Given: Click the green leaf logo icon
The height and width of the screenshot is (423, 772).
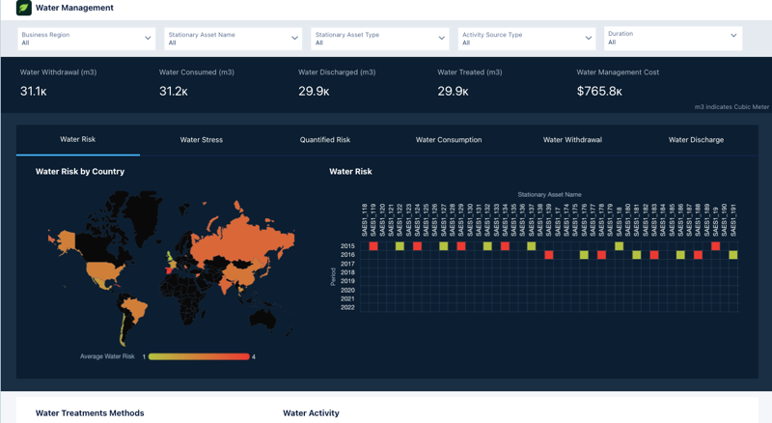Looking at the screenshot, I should [24, 8].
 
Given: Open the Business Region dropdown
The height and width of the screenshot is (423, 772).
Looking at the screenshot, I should [86, 39].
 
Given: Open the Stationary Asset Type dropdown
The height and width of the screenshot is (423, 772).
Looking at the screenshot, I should [379, 39].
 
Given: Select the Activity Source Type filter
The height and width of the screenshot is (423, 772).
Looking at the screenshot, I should [526, 39].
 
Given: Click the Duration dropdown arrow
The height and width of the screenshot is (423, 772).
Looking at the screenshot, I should [733, 37].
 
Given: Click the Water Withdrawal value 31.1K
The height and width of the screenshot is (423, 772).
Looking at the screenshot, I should [34, 92].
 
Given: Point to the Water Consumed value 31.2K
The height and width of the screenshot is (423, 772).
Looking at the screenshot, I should [173, 92].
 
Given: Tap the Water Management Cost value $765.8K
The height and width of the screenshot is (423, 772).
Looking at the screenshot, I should [599, 92].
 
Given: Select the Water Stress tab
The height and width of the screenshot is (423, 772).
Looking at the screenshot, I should [201, 140].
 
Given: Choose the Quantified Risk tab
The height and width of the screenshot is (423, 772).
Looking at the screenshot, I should [324, 140].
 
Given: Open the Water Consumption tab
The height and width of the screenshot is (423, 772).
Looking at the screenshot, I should [449, 140].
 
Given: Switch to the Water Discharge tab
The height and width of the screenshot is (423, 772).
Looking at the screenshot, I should [696, 140].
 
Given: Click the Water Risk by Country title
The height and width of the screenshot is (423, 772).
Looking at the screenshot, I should [80, 172].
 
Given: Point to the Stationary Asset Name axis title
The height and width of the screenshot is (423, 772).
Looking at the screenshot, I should [549, 195].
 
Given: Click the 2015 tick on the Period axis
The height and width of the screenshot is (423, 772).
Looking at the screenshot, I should [347, 246].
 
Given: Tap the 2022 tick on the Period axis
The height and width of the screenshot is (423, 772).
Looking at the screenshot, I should [347, 307].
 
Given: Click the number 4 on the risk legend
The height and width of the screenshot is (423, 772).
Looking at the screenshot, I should [254, 357].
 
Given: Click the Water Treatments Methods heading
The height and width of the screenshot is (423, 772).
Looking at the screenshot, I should [90, 413].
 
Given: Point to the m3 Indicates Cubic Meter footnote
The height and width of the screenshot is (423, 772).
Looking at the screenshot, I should [731, 107].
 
